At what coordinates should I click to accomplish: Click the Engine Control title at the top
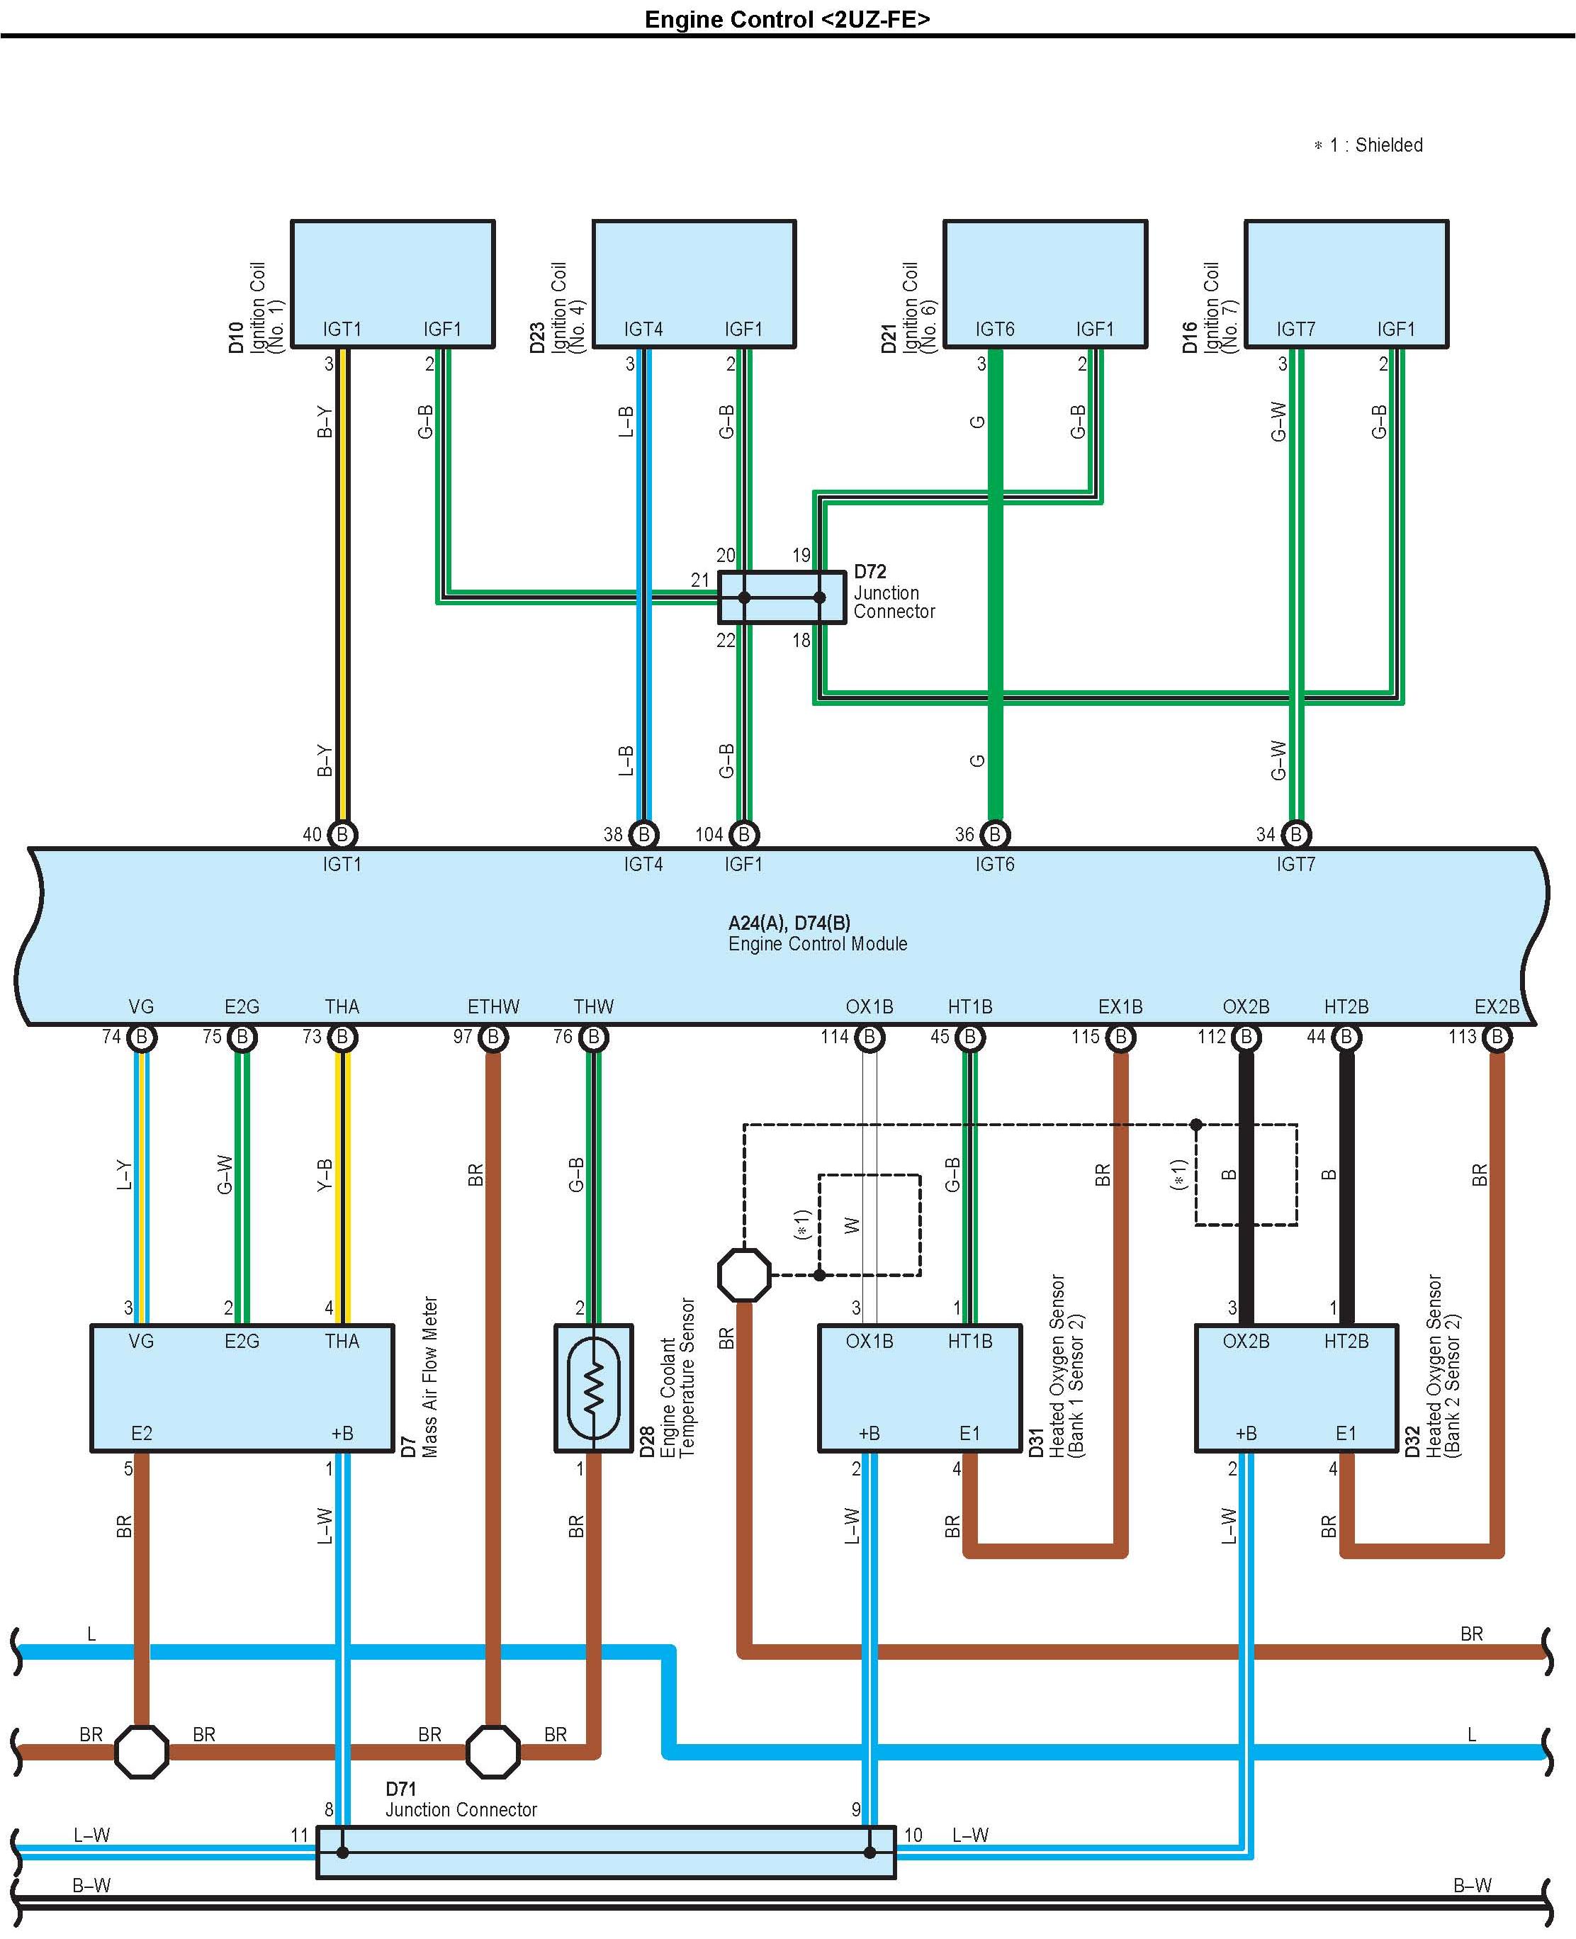click(x=787, y=19)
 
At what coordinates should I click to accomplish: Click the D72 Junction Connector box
click(x=782, y=597)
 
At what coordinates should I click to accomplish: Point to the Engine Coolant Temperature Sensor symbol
click(x=593, y=1387)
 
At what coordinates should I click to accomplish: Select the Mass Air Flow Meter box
click(x=242, y=1387)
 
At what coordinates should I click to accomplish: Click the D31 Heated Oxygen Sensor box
click(x=920, y=1387)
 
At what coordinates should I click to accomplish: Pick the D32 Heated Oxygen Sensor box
click(x=1295, y=1387)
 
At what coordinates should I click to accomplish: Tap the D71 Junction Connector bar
click(x=605, y=1852)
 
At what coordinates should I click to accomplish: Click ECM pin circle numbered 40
click(x=342, y=834)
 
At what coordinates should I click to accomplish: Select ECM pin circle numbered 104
click(x=743, y=834)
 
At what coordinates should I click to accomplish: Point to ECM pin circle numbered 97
click(x=493, y=1037)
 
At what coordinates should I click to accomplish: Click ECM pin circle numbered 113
click(x=1496, y=1037)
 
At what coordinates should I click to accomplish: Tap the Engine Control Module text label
click(x=817, y=944)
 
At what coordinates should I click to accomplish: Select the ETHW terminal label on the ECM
click(x=493, y=1007)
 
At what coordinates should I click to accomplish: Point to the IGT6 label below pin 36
click(x=994, y=864)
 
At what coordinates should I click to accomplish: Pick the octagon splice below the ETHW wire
click(x=493, y=1751)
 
